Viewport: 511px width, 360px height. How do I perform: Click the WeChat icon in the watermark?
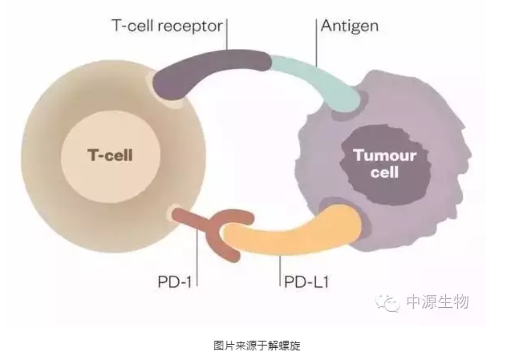389,302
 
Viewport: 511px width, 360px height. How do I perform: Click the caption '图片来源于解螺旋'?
256,345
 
